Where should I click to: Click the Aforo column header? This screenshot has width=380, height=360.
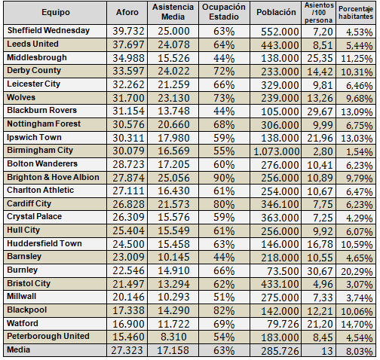[127, 12]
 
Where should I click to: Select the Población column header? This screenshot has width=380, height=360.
[276, 12]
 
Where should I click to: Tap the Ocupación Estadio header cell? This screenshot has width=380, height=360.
[224, 12]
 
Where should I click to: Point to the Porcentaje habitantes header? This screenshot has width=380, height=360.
[356, 13]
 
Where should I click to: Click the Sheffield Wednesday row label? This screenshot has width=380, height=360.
[48, 30]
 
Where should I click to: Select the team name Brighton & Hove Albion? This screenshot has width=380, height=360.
[53, 177]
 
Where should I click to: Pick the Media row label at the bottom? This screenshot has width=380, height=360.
[19, 349]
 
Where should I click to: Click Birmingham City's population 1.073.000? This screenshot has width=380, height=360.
[277, 151]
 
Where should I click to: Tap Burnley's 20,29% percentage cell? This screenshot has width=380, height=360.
[357, 271]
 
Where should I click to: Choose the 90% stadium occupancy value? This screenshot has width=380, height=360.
[224, 178]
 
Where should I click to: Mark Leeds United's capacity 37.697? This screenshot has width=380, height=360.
[128, 45]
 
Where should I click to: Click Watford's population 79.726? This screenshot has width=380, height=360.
[283, 324]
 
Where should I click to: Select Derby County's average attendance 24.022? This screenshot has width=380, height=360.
[173, 72]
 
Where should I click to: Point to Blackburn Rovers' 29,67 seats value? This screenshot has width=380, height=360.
[320, 111]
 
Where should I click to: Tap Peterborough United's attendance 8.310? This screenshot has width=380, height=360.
[173, 337]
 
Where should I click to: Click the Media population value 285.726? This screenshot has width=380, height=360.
[280, 351]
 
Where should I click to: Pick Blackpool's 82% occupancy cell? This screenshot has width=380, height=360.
[224, 310]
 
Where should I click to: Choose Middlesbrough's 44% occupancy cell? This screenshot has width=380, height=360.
[224, 58]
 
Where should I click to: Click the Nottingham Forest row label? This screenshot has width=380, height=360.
[44, 124]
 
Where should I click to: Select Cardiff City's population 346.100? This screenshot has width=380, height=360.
[280, 204]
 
